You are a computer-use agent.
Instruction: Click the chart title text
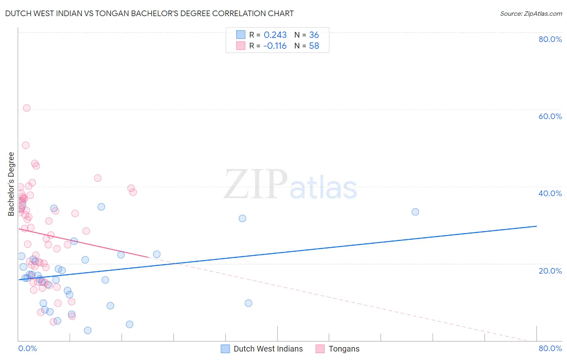point(149,13)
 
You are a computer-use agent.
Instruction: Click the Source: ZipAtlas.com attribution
point(531,13)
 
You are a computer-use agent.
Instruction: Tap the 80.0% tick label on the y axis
point(550,39)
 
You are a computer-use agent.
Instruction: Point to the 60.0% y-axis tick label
point(550,116)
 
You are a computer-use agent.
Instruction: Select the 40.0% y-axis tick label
point(550,193)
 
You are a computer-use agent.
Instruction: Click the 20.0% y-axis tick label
point(550,271)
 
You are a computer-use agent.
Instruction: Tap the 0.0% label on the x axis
point(27,348)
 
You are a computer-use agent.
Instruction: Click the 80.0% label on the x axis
point(550,348)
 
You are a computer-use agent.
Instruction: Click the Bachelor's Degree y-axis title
point(11,184)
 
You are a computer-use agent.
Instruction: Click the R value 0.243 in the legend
point(275,35)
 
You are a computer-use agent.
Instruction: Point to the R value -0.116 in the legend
point(275,46)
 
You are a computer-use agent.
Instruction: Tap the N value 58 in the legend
point(314,46)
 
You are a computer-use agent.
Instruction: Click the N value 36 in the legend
point(314,35)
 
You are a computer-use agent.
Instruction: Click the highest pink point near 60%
point(27,108)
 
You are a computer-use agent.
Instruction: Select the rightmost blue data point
point(415,212)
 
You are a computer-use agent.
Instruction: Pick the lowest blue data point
point(88,331)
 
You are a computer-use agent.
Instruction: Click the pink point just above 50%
point(26,145)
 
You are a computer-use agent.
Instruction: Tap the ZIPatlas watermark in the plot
point(290,185)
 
